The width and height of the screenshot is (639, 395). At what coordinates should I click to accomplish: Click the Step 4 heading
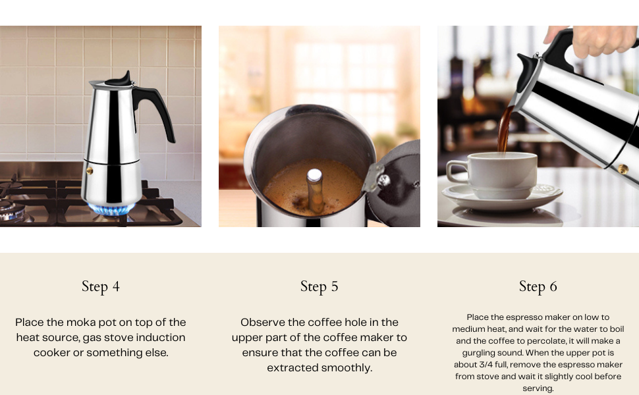tap(101, 286)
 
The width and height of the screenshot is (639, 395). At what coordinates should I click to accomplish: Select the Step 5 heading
tap(319, 286)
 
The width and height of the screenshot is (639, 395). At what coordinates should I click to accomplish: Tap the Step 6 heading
tap(538, 286)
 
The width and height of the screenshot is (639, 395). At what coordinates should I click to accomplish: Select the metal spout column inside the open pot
tap(315, 188)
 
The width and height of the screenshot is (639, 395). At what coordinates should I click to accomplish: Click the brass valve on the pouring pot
tap(622, 169)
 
